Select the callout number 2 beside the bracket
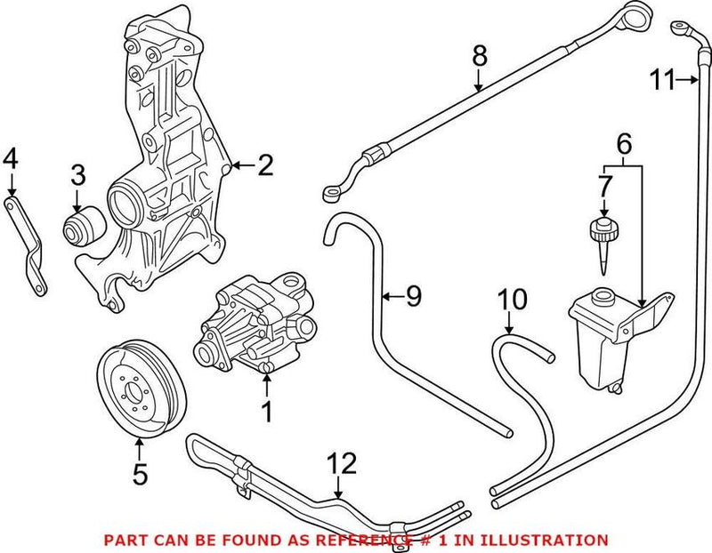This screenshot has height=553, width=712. point(265,164)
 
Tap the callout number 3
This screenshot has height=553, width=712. point(78,173)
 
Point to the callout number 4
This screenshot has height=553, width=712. point(11,159)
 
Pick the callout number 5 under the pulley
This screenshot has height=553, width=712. point(139,474)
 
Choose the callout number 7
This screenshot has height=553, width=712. point(604,188)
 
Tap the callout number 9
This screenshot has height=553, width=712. point(412,295)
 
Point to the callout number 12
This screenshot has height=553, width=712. point(343,463)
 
